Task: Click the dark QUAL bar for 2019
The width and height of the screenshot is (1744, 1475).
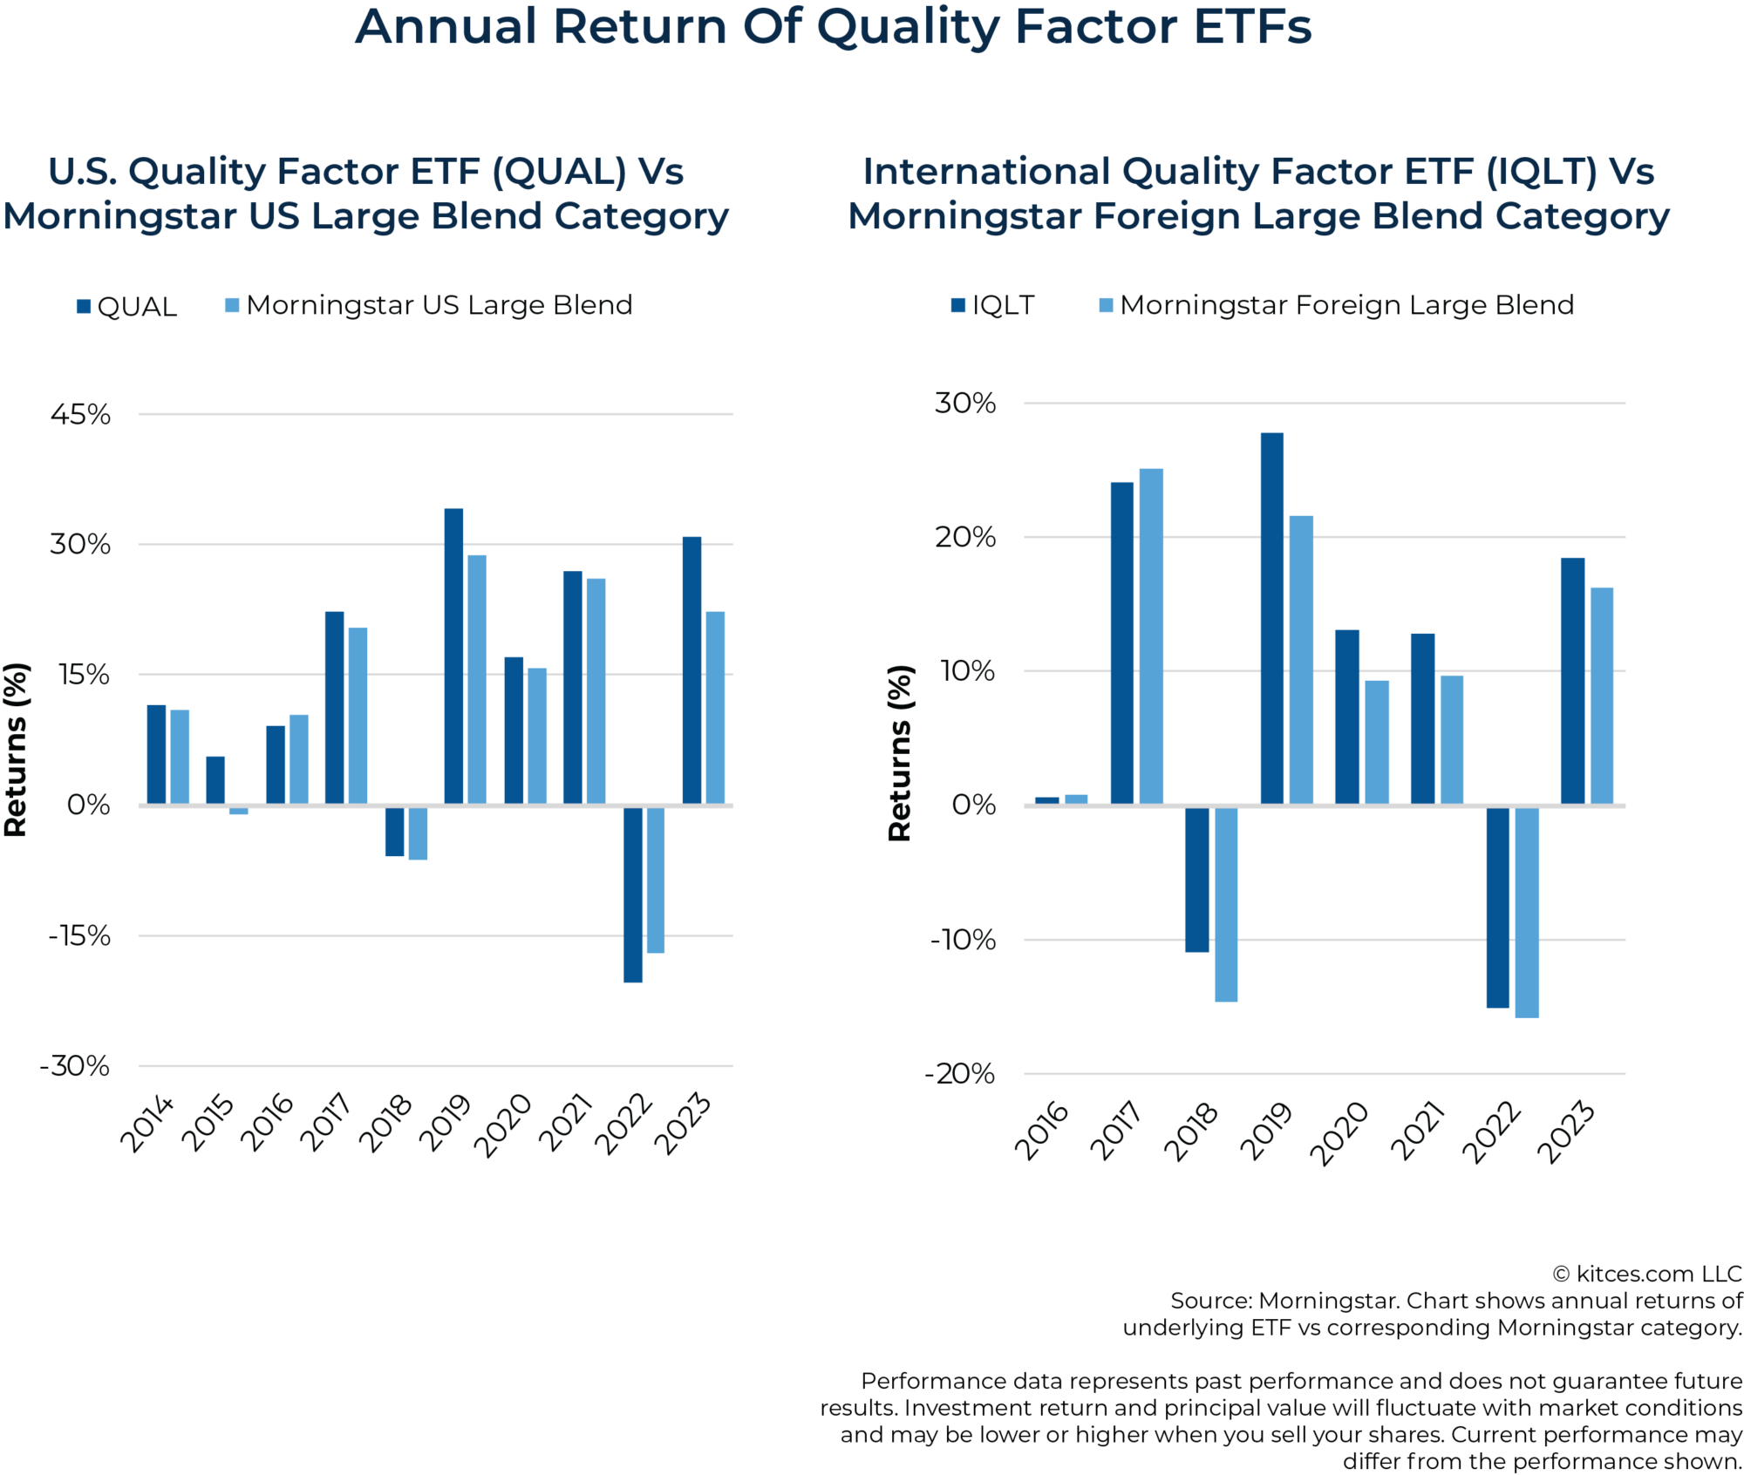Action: (453, 655)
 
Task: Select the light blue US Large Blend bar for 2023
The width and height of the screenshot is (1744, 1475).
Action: (715, 707)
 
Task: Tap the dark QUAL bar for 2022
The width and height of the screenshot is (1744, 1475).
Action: (633, 894)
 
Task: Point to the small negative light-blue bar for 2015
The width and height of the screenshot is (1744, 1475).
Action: (239, 810)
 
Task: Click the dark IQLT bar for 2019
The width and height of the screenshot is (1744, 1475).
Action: (1272, 618)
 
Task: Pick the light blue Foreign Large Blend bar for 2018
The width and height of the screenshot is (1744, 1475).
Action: (1226, 903)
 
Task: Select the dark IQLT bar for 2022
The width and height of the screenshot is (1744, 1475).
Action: (1497, 907)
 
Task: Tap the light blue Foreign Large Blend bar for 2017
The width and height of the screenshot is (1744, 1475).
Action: (1151, 636)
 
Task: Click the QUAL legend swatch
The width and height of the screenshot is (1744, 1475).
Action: (84, 306)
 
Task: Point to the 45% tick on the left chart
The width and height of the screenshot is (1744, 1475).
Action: (80, 414)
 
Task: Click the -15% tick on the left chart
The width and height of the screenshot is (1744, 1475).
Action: (79, 935)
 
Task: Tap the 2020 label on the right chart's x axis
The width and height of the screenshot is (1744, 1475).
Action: (1340, 1132)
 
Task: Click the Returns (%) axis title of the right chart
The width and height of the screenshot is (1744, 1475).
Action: (899, 753)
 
